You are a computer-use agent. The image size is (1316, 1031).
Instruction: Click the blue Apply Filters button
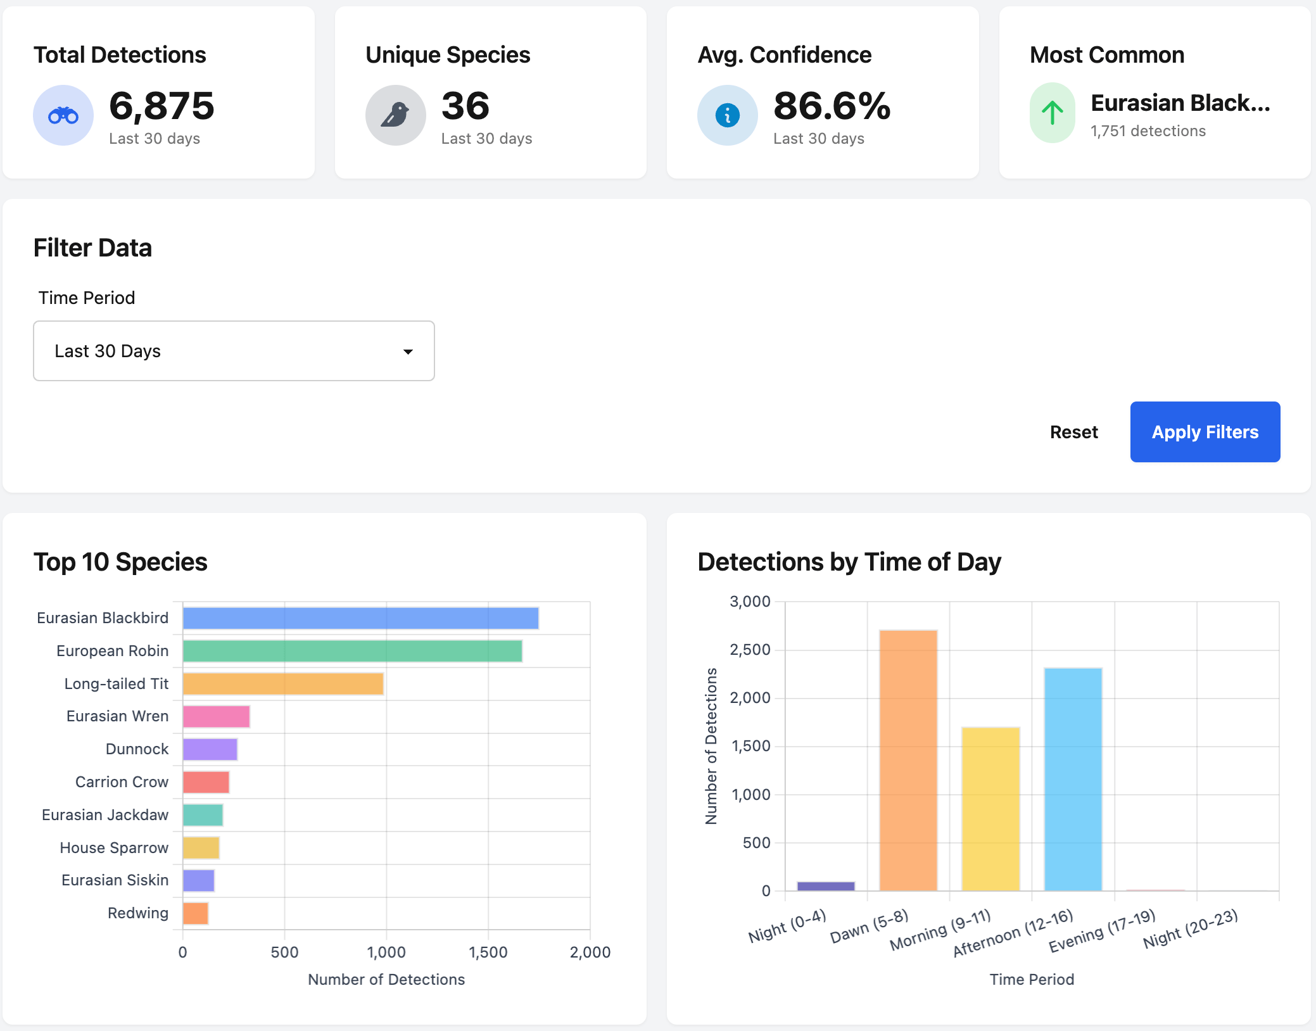point(1205,432)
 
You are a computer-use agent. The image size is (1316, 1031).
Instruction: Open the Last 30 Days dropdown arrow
point(408,351)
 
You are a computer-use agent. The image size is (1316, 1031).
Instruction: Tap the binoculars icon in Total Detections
point(63,115)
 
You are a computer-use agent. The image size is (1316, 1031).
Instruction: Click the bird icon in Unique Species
point(395,115)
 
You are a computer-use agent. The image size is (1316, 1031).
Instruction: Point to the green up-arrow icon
point(1052,113)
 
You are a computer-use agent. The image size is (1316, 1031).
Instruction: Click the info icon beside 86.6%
point(727,115)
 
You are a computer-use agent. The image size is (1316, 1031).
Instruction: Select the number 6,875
point(161,106)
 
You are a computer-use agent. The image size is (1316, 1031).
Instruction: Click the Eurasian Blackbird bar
point(360,618)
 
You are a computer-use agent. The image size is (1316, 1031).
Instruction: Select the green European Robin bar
point(352,651)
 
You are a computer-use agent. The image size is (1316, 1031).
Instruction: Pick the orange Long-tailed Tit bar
point(283,684)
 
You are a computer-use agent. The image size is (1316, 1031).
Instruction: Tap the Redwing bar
point(195,913)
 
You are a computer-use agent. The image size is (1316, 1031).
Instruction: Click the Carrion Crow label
point(122,782)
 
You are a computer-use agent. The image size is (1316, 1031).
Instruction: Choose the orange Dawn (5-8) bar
point(908,760)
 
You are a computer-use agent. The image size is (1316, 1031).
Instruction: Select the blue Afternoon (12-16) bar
point(1073,779)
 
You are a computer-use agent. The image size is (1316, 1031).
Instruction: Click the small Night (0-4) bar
point(826,886)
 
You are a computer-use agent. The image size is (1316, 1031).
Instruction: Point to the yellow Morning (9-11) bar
point(990,809)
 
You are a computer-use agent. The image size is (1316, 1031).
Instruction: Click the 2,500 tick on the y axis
point(750,650)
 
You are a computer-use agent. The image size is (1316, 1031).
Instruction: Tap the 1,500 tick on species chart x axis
point(488,952)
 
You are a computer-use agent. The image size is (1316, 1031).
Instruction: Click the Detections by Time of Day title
point(849,562)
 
